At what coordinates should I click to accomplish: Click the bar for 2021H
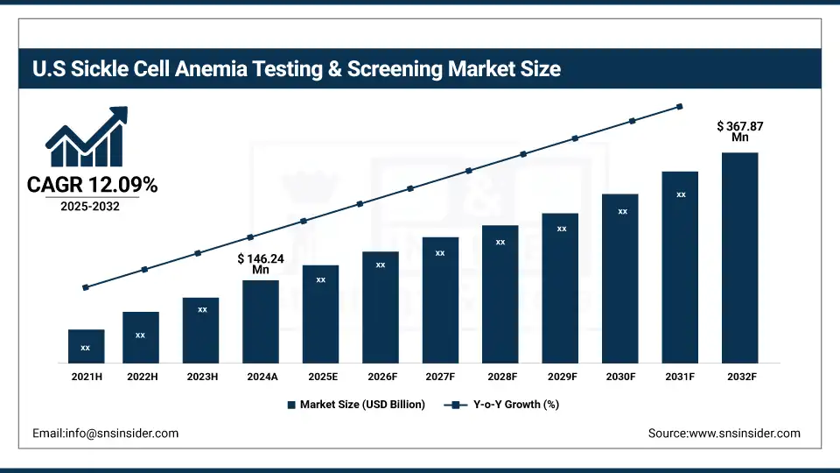click(86, 346)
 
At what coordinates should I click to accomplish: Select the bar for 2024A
click(261, 321)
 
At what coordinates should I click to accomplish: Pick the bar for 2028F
click(500, 293)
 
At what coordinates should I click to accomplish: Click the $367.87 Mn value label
click(739, 131)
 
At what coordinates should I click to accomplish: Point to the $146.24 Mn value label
click(261, 265)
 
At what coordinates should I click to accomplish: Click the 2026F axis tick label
click(381, 376)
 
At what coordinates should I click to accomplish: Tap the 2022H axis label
click(142, 376)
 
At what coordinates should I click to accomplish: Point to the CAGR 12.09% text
click(92, 185)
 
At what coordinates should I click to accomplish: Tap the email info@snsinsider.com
click(105, 434)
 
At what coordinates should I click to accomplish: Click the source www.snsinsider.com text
click(724, 434)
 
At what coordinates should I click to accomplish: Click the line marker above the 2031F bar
click(680, 107)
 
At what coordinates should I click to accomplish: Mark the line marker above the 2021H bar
click(86, 287)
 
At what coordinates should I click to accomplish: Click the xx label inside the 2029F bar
click(561, 229)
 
